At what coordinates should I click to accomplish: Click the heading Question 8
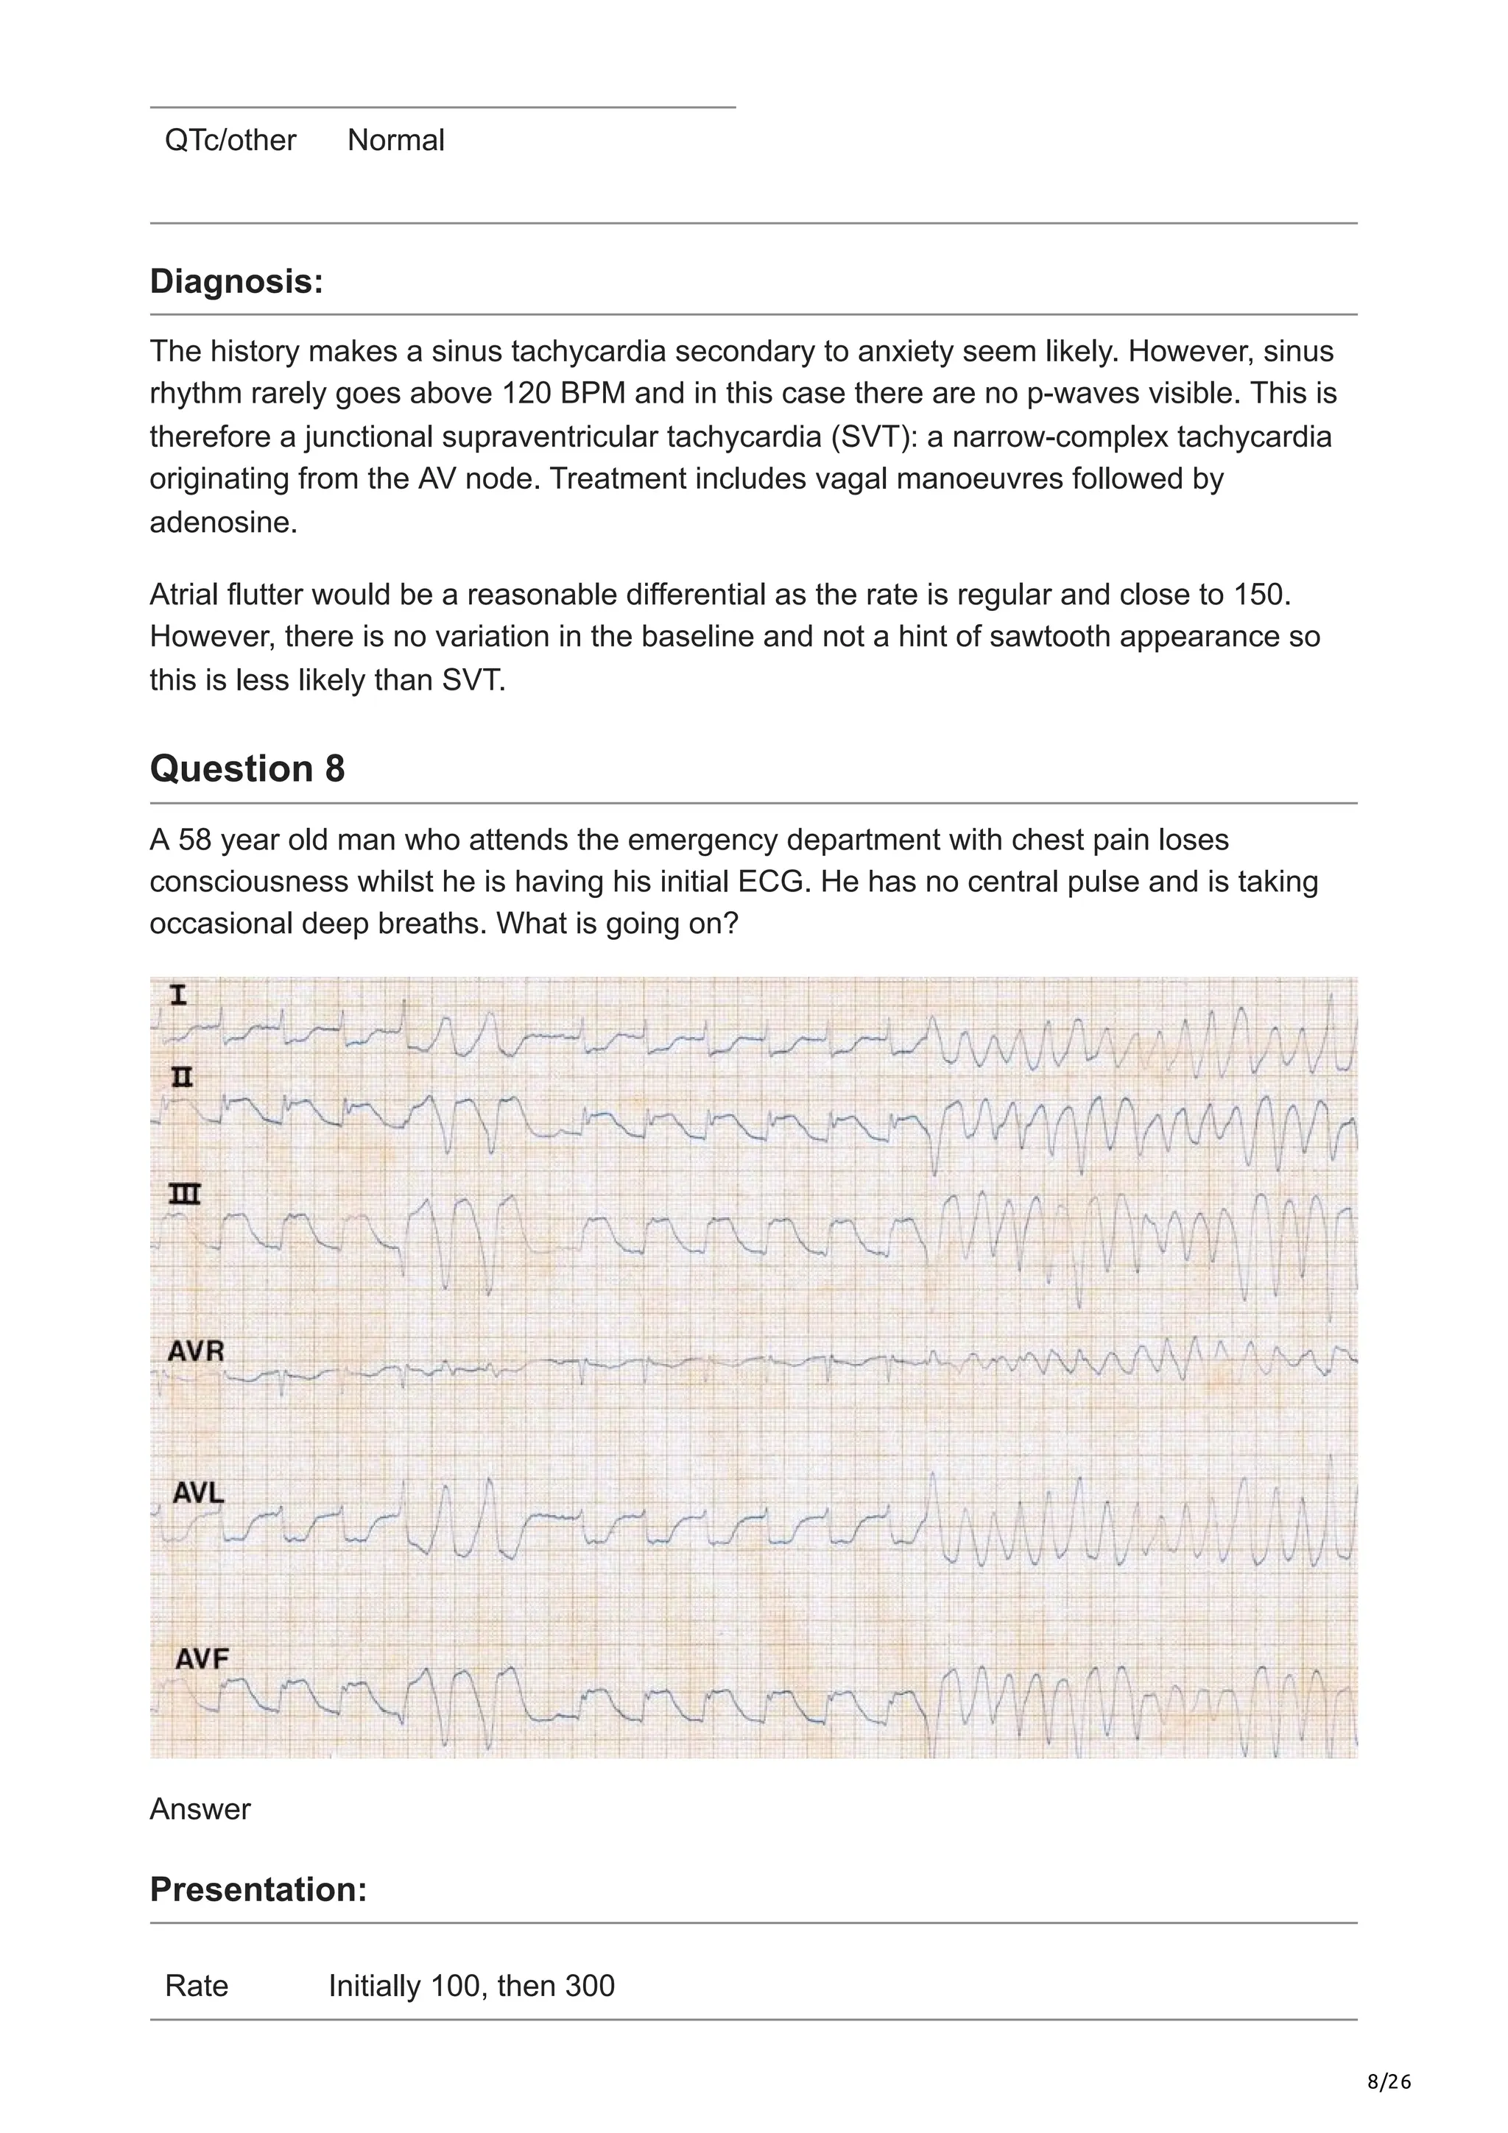[247, 769]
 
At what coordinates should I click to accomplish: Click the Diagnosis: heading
[236, 280]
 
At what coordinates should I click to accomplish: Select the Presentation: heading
[258, 1889]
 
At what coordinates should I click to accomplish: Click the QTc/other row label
[230, 141]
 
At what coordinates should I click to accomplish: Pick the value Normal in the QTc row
[396, 141]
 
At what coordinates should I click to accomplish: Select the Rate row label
[196, 1987]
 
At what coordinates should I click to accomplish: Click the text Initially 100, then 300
[471, 1987]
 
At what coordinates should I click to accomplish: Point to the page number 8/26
[1388, 2082]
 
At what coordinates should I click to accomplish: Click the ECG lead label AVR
[195, 1351]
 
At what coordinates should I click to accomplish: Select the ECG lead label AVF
[202, 1658]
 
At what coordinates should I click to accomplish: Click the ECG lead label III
[184, 1195]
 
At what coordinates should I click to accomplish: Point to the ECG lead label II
[182, 1078]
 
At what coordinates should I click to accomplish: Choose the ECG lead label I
[178, 996]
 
